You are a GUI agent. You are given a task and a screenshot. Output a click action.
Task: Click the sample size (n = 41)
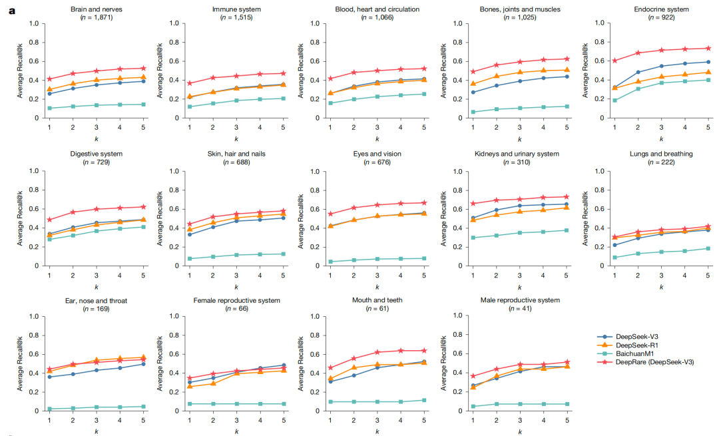tap(520, 309)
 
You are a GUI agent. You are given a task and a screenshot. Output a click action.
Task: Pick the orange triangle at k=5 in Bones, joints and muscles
tap(567, 69)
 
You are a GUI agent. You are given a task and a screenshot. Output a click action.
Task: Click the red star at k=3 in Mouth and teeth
tap(376, 352)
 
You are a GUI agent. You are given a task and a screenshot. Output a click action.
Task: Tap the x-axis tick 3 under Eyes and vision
tap(376, 274)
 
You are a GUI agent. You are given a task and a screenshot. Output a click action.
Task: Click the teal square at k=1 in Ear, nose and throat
tap(49, 409)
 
